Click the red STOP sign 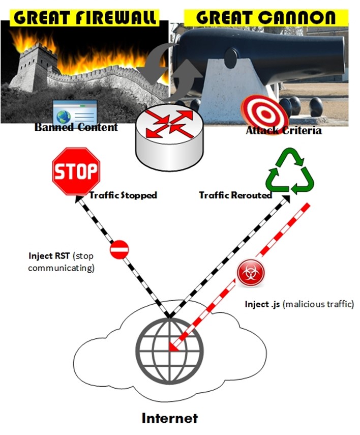[75, 171]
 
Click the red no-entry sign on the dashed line [119, 250]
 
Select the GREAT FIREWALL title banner [86, 17]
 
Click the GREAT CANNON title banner [265, 17]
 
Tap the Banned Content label [76, 127]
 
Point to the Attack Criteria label [283, 131]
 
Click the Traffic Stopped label [123, 195]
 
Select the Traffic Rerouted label [235, 195]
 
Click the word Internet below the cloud [169, 419]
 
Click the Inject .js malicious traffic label [299, 304]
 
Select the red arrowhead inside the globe [173, 348]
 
